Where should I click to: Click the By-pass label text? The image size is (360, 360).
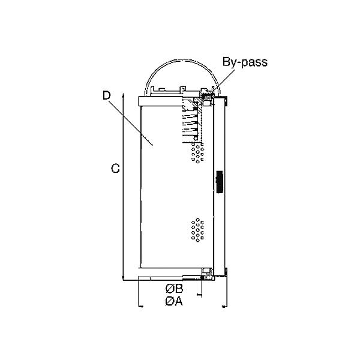click(x=245, y=62)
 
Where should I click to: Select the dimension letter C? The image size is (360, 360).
click(x=115, y=169)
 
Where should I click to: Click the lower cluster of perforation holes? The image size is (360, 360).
click(x=197, y=231)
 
